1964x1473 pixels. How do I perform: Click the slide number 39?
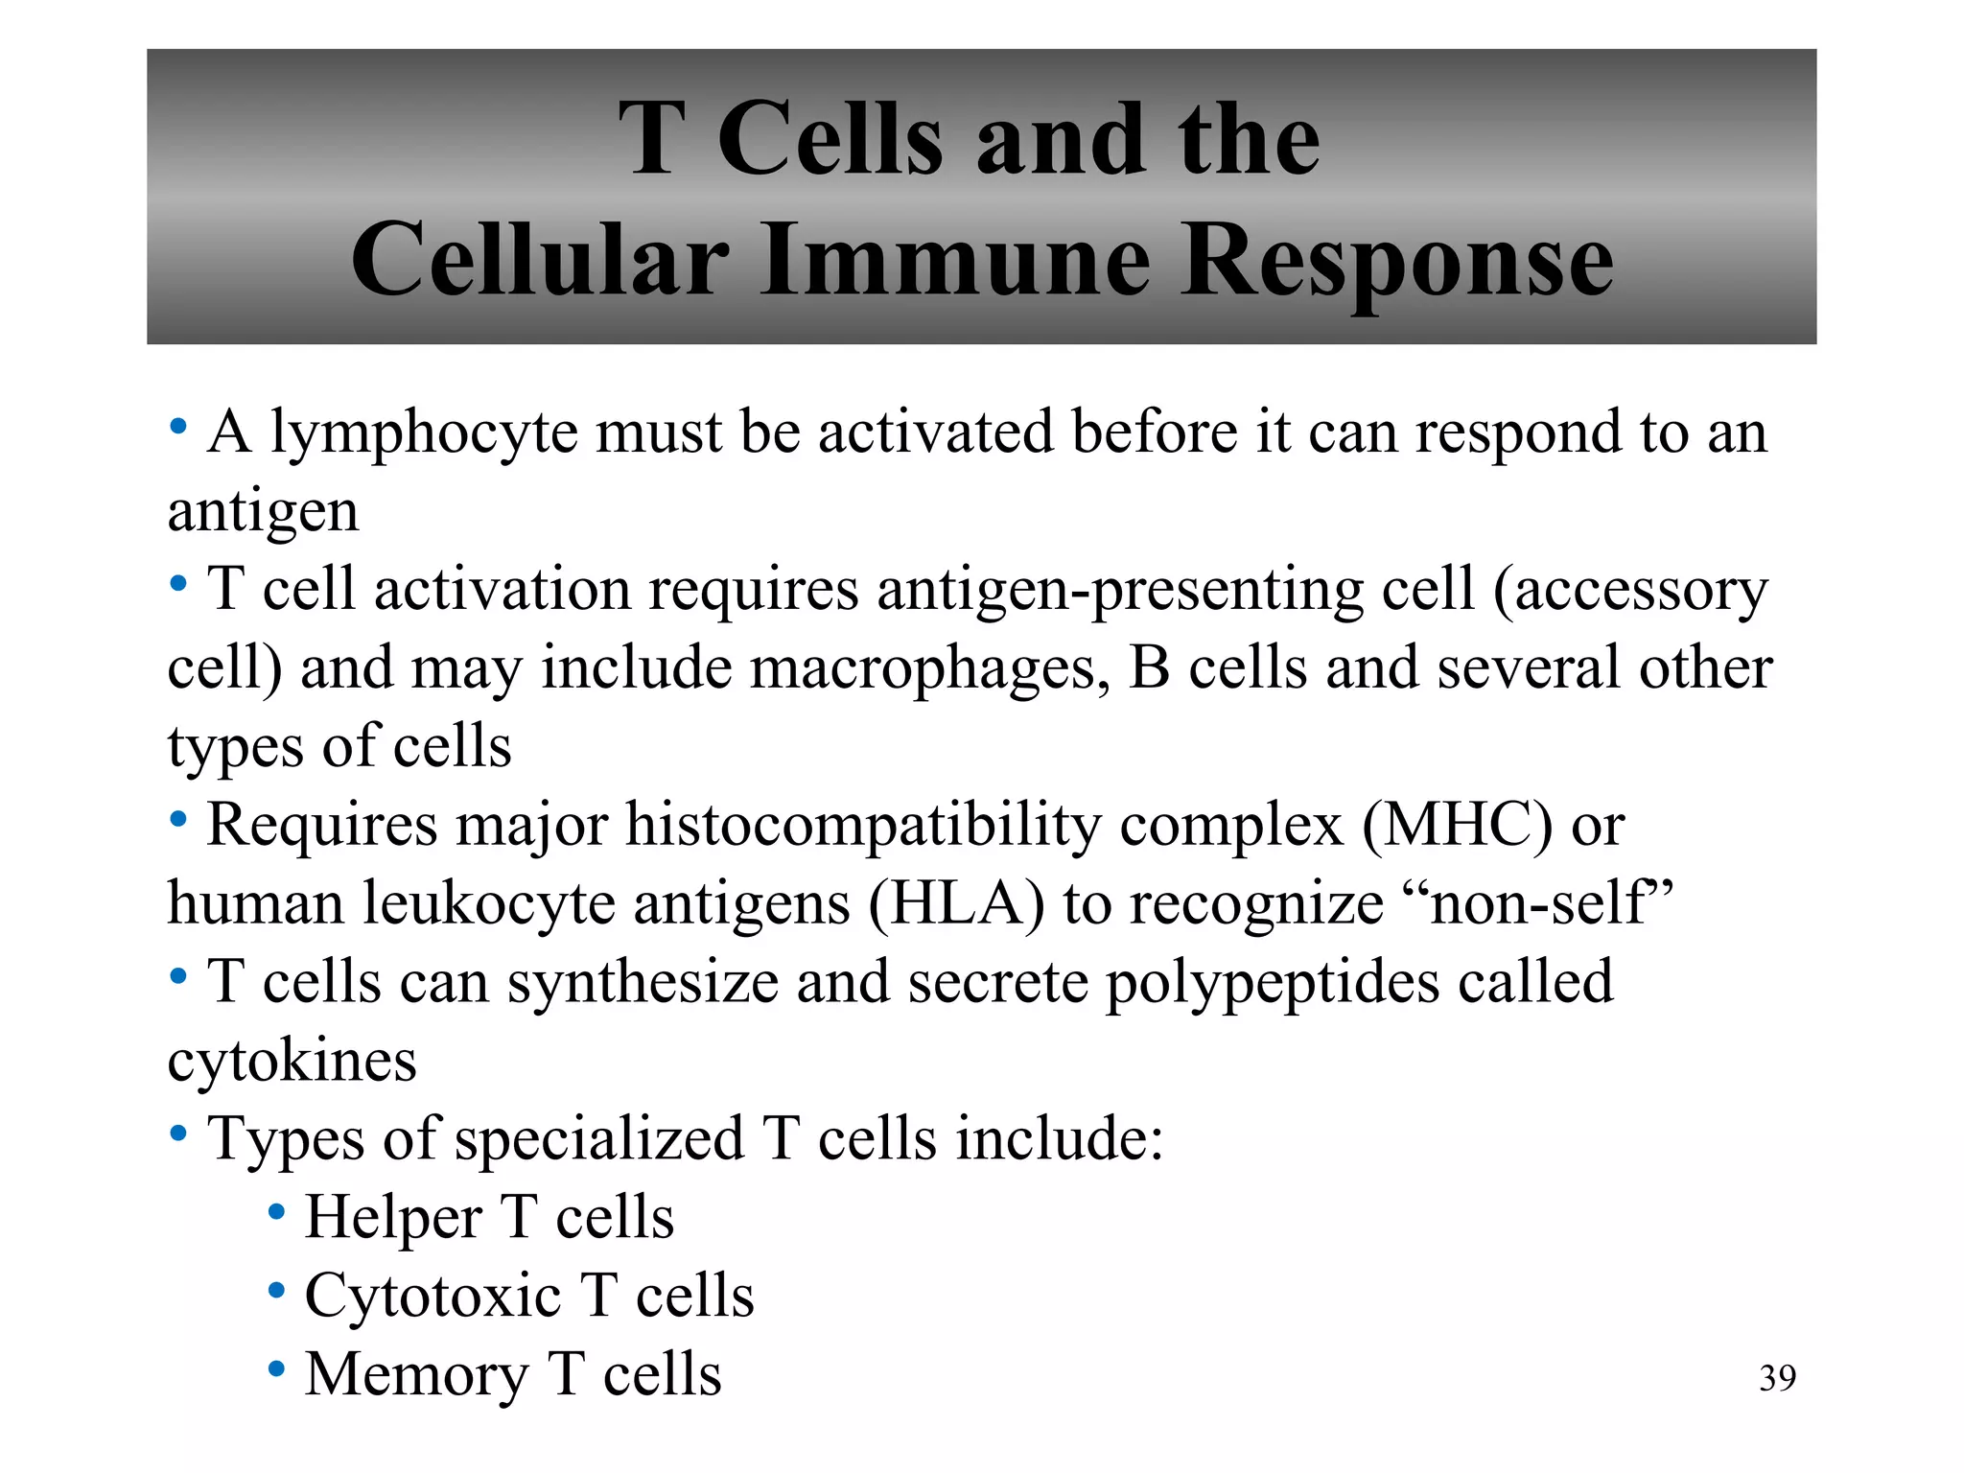pos(1777,1378)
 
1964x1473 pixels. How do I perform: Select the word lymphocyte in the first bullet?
pos(424,433)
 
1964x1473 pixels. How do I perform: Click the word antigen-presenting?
pos(1120,591)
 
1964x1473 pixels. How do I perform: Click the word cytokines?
pos(292,1062)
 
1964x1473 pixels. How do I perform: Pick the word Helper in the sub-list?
pos(393,1219)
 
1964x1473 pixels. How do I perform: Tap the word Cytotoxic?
pos(433,1298)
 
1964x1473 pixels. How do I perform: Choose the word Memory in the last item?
pos(416,1376)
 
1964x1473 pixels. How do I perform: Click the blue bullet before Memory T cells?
pos(276,1369)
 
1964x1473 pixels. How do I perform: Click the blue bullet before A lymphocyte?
pos(177,427)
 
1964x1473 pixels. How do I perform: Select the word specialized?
pos(599,1140)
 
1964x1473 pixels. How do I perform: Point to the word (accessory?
pos(1629,591)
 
